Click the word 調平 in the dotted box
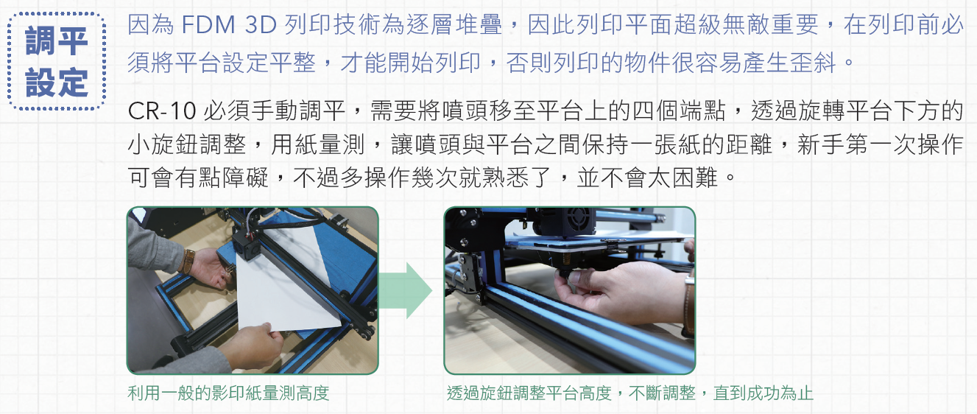tap(57, 41)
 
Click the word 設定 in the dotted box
tap(57, 82)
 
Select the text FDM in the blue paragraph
tap(208, 24)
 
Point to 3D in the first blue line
tap(261, 24)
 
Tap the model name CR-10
tap(162, 110)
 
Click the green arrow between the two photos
tap(405, 290)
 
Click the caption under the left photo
tap(228, 393)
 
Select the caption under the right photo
tap(629, 393)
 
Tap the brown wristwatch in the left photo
tap(188, 261)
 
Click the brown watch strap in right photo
tap(688, 306)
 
